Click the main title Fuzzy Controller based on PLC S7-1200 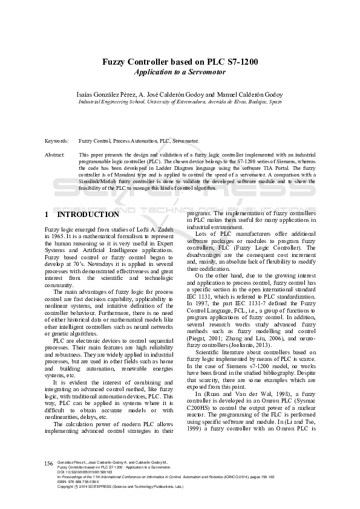180,62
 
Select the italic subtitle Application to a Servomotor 180,72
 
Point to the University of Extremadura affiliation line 180,102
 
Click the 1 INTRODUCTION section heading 82,215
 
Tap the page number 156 49,463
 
